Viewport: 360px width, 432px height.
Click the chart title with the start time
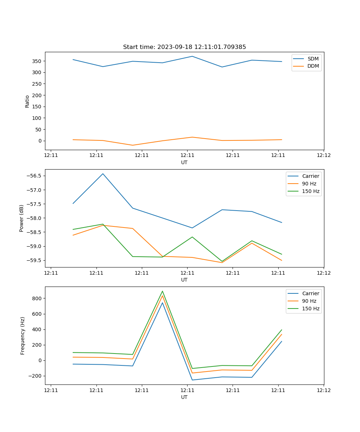coord(184,47)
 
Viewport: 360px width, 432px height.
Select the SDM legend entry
coord(313,59)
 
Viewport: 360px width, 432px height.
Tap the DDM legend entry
coord(313,66)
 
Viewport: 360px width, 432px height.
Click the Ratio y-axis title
coord(27,102)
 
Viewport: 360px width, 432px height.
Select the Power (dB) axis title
coord(22,218)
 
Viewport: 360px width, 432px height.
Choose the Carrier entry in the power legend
coord(310,176)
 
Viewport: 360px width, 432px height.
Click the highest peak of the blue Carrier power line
coord(103,174)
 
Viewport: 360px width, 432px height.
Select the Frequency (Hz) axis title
coord(23,336)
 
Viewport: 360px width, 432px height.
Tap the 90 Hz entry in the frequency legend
coord(309,301)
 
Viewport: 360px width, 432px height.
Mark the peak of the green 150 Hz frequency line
coord(162,291)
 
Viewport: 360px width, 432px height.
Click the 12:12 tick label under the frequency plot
coord(323,390)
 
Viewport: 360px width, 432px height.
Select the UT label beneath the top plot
coord(184,162)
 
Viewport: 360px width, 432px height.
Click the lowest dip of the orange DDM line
coord(132,145)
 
